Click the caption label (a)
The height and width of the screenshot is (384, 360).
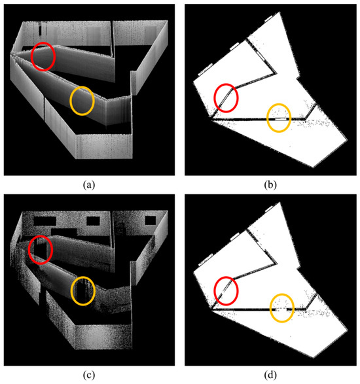click(x=89, y=184)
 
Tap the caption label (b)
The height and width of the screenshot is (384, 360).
click(x=270, y=184)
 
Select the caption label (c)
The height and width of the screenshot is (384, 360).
click(x=89, y=375)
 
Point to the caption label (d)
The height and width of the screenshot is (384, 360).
click(x=270, y=375)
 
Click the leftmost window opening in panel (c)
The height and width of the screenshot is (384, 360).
click(x=45, y=221)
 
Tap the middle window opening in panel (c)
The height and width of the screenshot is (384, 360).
click(x=93, y=221)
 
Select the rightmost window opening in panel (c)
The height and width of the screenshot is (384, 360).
click(x=151, y=220)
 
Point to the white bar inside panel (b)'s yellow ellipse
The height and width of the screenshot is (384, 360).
click(x=281, y=119)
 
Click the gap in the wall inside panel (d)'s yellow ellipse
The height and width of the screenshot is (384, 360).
click(x=281, y=309)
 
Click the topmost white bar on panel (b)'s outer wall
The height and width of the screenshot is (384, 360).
click(x=268, y=18)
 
